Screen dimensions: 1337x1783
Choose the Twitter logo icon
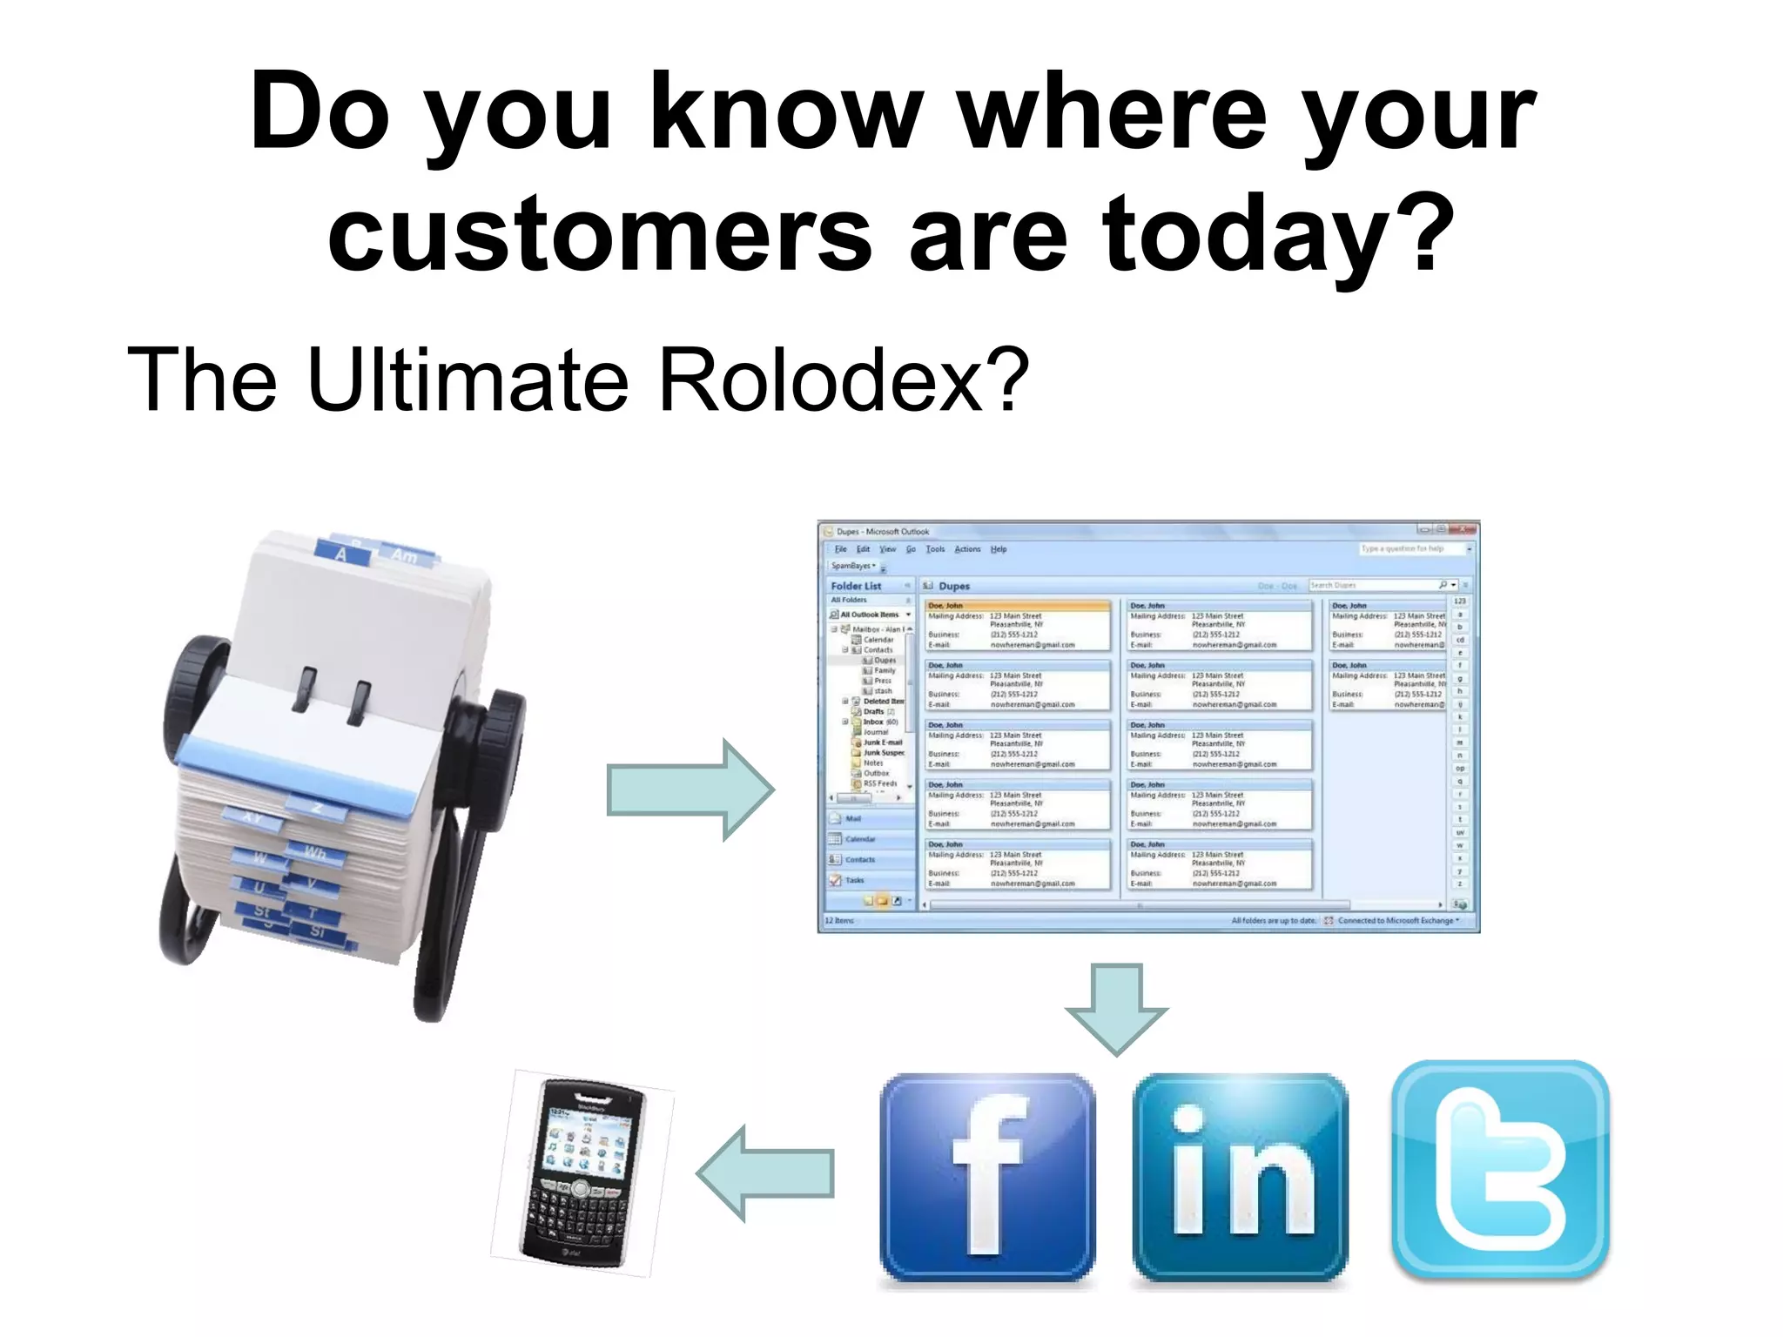[1500, 1171]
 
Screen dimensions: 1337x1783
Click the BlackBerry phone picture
[582, 1172]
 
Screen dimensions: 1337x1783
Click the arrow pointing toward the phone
[765, 1173]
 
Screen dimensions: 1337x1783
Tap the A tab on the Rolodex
[340, 554]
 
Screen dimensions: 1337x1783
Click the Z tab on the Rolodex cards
[317, 809]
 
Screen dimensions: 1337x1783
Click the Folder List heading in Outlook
[856, 586]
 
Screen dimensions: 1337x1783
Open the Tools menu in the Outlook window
[935, 549]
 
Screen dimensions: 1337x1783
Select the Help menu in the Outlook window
[999, 549]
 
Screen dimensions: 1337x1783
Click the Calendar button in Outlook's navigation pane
[860, 839]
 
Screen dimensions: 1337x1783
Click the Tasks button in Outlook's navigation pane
[854, 880]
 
